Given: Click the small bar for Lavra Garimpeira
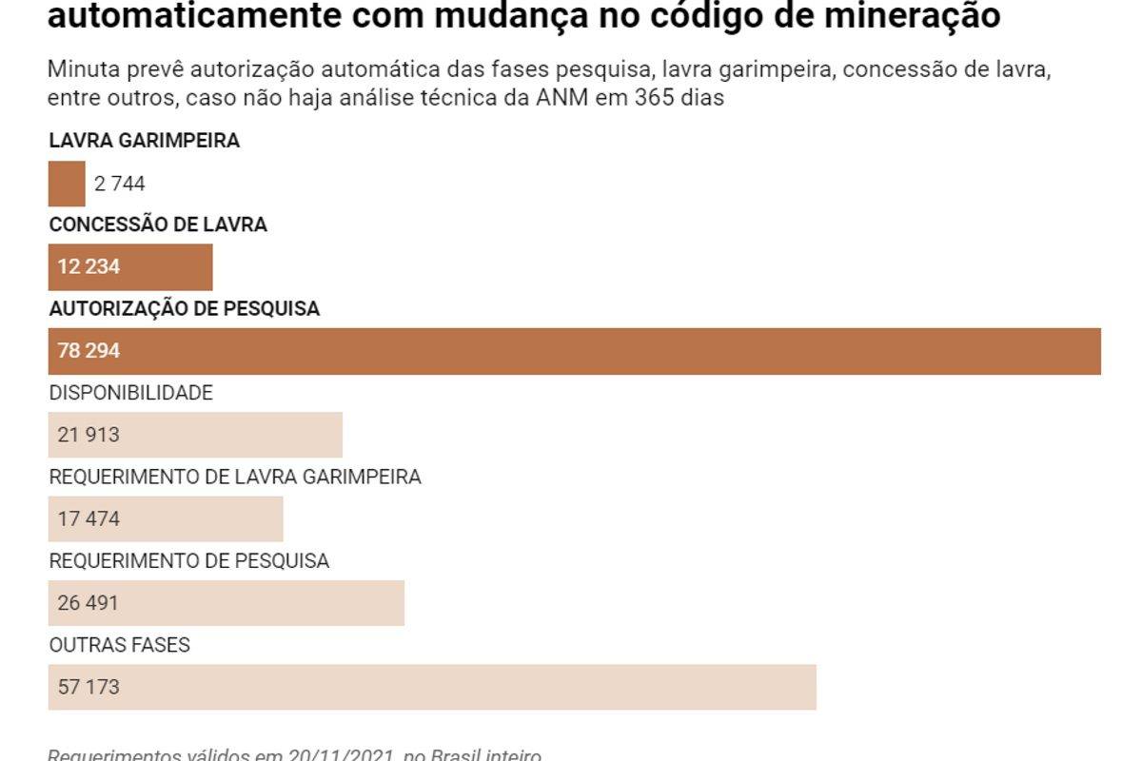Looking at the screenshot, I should (x=67, y=184).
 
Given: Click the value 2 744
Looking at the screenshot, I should (x=120, y=185).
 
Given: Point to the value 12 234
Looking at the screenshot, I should (x=89, y=267).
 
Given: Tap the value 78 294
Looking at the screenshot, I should (x=89, y=351).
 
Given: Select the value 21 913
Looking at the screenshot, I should (x=89, y=435).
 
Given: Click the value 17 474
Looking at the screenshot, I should (x=89, y=518).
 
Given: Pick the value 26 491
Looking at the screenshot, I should (x=89, y=603).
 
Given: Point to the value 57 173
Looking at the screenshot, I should (x=89, y=687).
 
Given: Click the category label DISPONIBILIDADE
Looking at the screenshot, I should (x=131, y=393).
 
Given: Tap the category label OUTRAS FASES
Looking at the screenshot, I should (x=120, y=645).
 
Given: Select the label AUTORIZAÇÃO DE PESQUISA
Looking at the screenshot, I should (x=185, y=309).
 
